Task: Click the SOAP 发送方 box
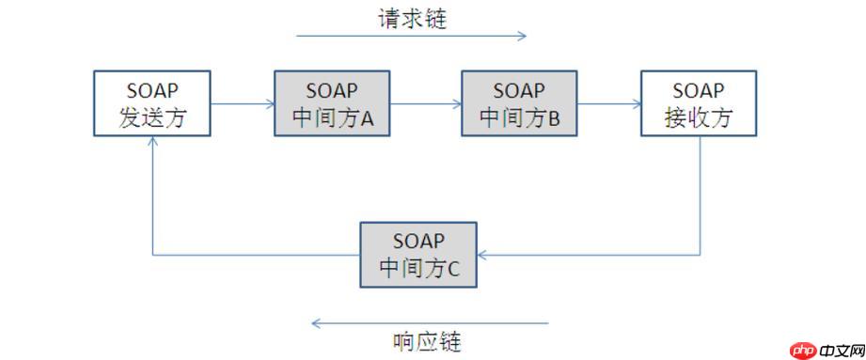[x=150, y=103]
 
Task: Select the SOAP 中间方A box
[x=331, y=103]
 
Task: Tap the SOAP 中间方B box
[x=519, y=103]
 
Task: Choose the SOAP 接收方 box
[x=698, y=103]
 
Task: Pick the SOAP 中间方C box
[x=418, y=255]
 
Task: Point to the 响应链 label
[x=427, y=339]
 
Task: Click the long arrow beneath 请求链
[x=412, y=37]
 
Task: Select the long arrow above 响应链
[x=429, y=323]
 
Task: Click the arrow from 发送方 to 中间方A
[x=241, y=104]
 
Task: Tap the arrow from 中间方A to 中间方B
[x=425, y=104]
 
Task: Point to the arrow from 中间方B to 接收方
[x=608, y=104]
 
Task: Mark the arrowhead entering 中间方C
[x=483, y=255]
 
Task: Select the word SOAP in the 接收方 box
[x=698, y=91]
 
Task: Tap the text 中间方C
[x=418, y=268]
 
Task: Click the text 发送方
[x=150, y=118]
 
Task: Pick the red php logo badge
[x=802, y=350]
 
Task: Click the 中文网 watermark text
[x=840, y=350]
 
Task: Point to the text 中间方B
[x=519, y=118]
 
